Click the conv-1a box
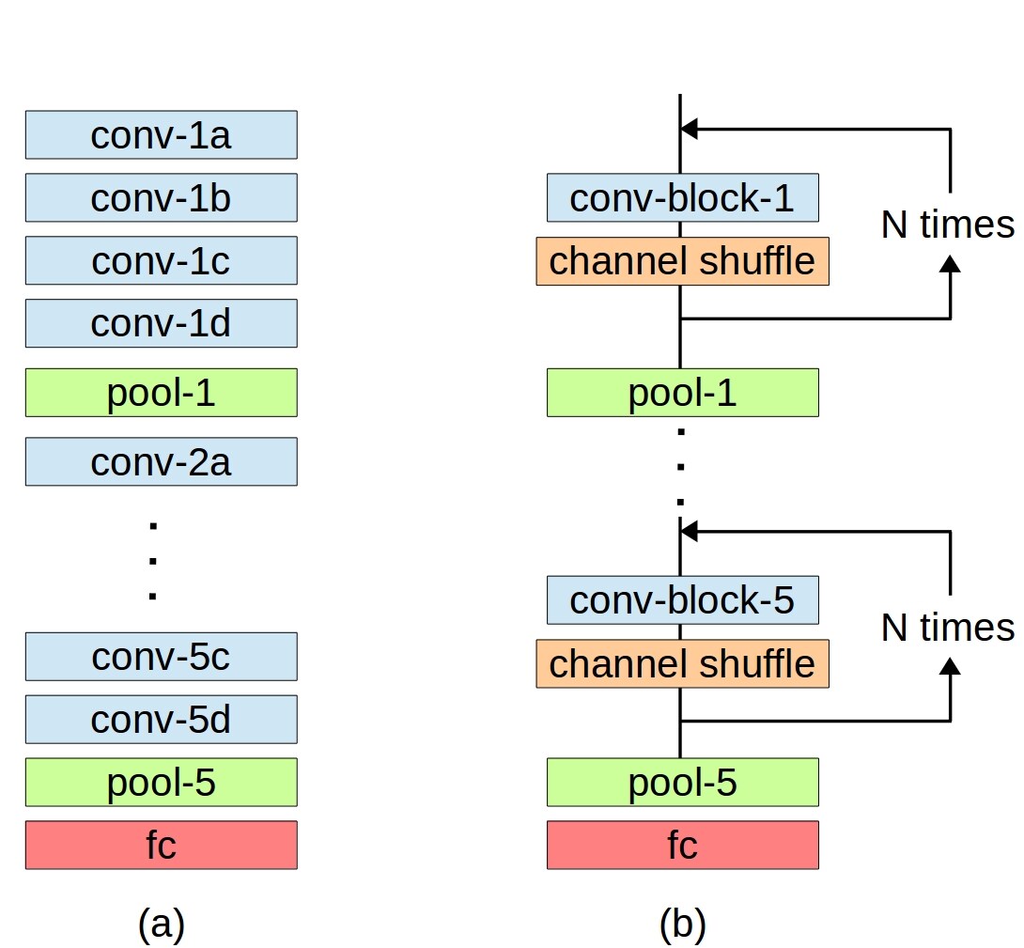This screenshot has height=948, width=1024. [162, 134]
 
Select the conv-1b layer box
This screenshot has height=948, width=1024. [162, 197]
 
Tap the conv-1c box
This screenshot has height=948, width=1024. [162, 260]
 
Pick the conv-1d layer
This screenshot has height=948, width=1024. [162, 323]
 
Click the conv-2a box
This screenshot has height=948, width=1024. [162, 461]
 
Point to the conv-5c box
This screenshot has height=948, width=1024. [162, 656]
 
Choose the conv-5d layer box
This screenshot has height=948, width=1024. [162, 719]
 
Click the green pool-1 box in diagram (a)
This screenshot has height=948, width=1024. [162, 392]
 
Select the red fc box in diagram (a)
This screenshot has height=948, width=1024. [162, 845]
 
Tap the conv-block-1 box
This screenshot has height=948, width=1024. [682, 197]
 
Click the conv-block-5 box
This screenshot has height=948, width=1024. [682, 599]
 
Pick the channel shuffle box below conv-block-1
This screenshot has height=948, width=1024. [682, 260]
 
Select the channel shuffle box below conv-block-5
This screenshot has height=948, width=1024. [682, 663]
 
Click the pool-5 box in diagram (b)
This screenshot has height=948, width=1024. [682, 782]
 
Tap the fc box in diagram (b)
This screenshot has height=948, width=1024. [682, 845]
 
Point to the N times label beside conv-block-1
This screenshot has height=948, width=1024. [948, 225]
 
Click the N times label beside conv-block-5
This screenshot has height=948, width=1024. [948, 628]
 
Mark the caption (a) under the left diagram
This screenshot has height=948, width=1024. [162, 924]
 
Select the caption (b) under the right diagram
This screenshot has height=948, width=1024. [682, 924]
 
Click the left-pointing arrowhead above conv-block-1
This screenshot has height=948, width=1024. [689, 129]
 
